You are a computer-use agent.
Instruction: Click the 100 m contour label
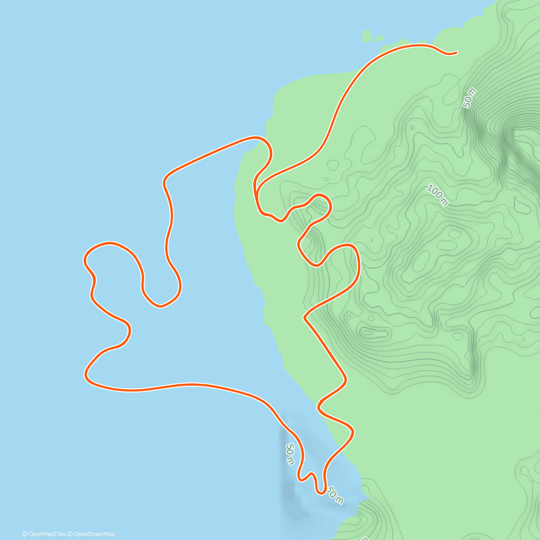tap(437, 196)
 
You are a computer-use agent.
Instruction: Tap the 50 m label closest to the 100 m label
tap(469, 98)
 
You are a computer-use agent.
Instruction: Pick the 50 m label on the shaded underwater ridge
tap(290, 454)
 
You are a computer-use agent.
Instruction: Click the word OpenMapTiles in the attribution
tap(47, 534)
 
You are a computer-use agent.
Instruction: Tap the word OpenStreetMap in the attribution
tap(94, 534)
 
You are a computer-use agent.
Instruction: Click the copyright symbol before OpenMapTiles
tap(25, 534)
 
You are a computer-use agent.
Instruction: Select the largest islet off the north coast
tap(367, 36)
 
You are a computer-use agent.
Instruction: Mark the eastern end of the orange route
tap(456, 53)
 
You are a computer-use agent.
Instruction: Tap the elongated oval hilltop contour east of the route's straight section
tap(374, 333)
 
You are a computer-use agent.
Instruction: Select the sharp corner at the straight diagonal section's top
tap(305, 318)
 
